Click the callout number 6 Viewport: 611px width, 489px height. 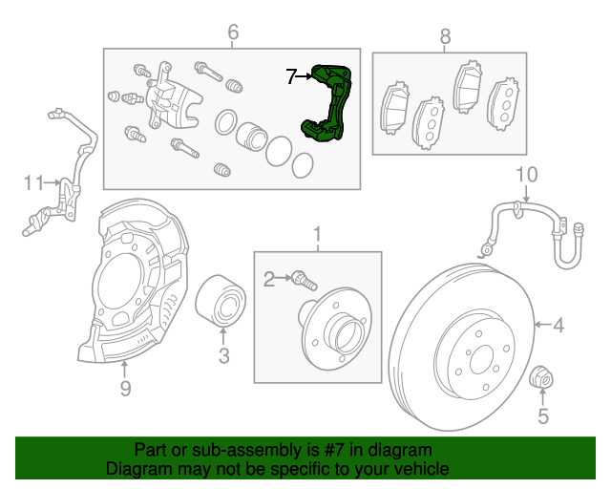point(232,34)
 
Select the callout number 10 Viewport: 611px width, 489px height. point(526,174)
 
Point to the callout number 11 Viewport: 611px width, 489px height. point(34,181)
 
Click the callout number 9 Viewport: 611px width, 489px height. point(125,387)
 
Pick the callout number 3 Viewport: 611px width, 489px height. point(223,357)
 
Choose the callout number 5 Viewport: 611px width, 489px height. point(543,415)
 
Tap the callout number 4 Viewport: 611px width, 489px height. point(558,326)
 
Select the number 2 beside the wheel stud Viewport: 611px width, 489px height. point(269,278)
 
